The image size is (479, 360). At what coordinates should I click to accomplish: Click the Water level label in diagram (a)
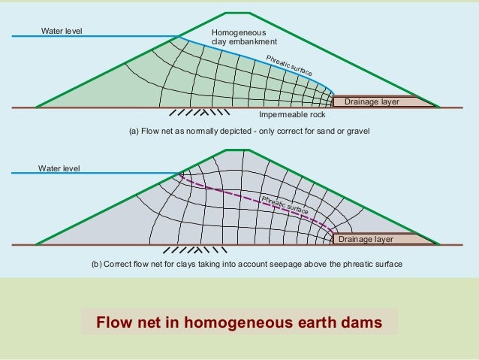(62, 31)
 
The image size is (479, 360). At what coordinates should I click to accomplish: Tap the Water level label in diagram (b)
(59, 168)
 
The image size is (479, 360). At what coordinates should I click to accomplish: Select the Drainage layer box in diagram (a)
(372, 101)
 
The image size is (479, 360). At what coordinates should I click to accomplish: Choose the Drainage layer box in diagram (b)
(372, 239)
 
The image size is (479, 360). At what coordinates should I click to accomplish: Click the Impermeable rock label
(291, 116)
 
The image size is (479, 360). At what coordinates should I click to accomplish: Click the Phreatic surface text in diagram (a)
(289, 65)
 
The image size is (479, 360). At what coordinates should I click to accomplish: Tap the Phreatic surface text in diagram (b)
(285, 205)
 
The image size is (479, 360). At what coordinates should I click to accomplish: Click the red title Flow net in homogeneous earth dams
(239, 323)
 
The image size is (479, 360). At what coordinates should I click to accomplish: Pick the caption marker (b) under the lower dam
(97, 265)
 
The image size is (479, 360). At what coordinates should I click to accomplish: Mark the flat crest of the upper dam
(239, 13)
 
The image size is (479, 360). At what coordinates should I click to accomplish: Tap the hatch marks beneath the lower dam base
(191, 250)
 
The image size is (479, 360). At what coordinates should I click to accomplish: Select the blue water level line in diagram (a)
(98, 37)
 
